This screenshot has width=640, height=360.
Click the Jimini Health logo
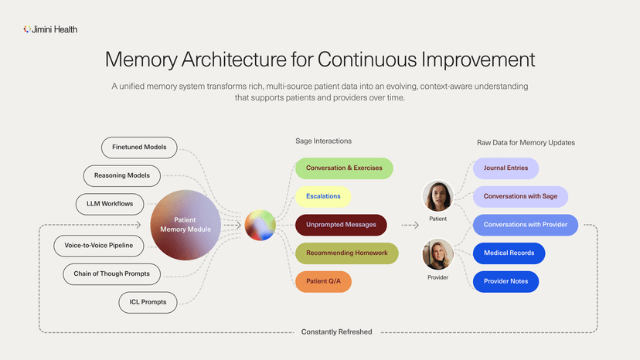click(x=50, y=29)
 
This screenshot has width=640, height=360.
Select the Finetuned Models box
click(x=139, y=147)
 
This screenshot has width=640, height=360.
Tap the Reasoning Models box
click(x=121, y=175)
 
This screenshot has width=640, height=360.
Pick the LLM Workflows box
click(x=104, y=204)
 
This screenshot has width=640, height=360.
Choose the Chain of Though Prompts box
click(x=112, y=273)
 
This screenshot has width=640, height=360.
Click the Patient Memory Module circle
click(x=186, y=225)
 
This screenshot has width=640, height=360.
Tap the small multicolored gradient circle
click(x=260, y=225)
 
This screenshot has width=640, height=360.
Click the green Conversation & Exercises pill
click(x=344, y=168)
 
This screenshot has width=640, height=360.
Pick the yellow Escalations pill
click(x=323, y=196)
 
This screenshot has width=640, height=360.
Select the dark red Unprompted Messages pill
click(x=341, y=225)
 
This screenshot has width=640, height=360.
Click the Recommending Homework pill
click(x=346, y=253)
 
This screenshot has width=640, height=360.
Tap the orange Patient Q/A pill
click(x=323, y=282)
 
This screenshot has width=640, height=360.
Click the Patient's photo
click(x=438, y=196)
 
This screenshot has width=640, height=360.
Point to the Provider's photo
click(x=438, y=255)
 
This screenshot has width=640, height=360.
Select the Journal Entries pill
click(x=506, y=168)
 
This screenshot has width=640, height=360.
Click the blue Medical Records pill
click(x=509, y=253)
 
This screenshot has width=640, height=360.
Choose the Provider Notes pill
click(x=506, y=282)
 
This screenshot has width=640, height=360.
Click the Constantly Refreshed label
click(x=336, y=332)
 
